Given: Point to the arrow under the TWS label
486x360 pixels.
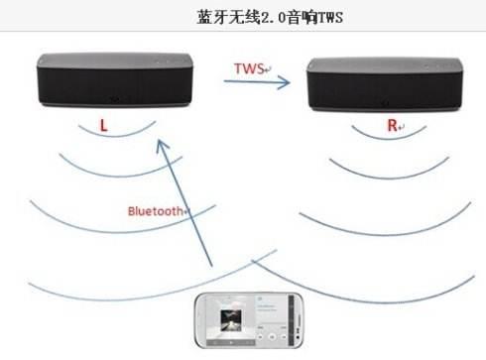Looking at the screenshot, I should (256, 83).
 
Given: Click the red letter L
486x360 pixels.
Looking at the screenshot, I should (104, 127).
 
